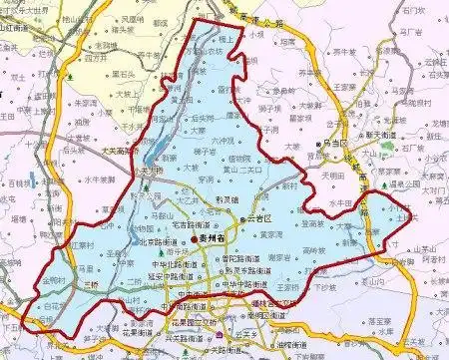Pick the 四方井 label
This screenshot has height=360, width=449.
pyautogui.click(x=96, y=58)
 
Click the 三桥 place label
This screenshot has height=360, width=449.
pyautogui.click(x=92, y=283)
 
